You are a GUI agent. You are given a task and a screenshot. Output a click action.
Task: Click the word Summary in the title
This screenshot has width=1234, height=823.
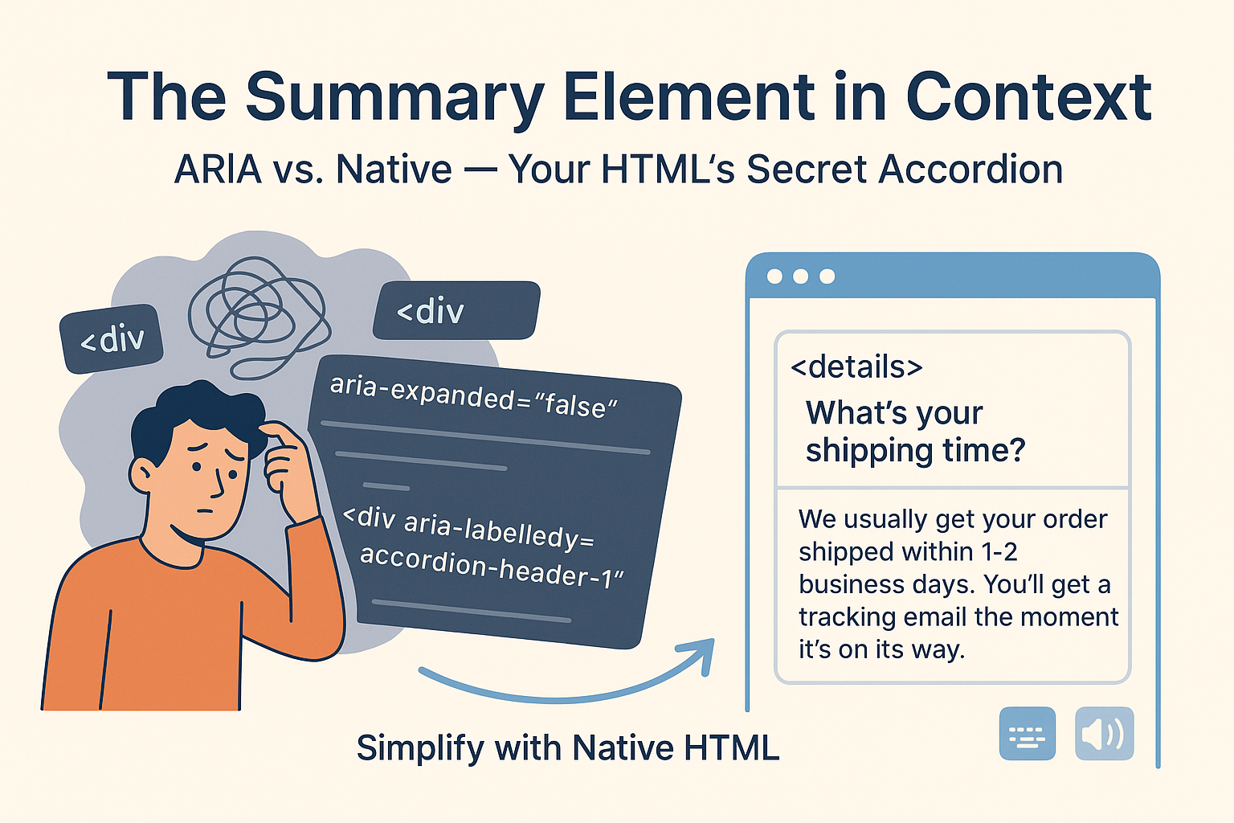click(394, 98)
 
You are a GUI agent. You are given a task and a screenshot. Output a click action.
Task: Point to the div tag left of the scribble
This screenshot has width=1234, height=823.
click(112, 339)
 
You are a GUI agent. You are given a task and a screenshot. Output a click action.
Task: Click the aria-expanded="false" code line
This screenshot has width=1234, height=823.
click(473, 396)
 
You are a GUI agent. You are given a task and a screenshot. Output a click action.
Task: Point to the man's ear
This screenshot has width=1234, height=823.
click(143, 475)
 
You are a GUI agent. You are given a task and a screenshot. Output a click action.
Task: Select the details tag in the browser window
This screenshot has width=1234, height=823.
click(856, 366)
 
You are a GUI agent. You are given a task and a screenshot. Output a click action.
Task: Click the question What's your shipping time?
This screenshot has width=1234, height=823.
click(915, 432)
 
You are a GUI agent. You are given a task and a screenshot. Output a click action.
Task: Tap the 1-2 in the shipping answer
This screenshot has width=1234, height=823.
click(999, 551)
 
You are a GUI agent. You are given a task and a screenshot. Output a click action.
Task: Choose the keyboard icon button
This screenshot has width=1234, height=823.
click(1027, 734)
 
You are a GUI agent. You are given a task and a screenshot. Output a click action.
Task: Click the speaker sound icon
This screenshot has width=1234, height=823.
click(1104, 734)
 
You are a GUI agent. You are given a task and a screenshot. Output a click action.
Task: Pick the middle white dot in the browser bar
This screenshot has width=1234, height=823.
click(800, 276)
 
